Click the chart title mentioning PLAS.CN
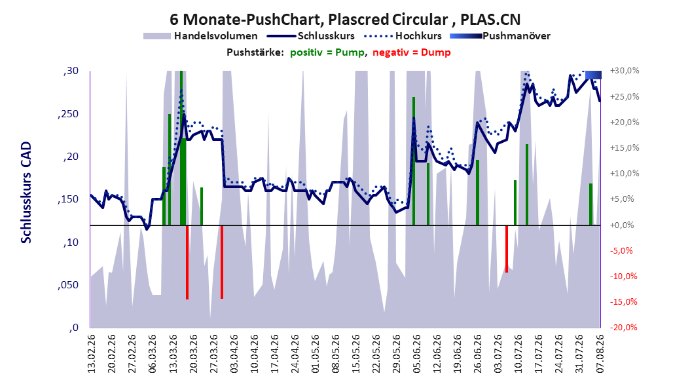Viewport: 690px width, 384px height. point(345,20)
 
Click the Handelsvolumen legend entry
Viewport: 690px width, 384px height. point(201,36)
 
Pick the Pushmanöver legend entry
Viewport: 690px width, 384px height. point(500,36)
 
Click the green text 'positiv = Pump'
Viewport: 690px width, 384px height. point(327,52)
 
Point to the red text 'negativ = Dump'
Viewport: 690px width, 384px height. point(412,52)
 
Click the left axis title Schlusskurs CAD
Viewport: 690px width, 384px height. point(26,192)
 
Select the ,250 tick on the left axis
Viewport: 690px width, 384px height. point(68,113)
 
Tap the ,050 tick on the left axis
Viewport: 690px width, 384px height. point(68,285)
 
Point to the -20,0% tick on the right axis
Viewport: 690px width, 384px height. point(623,327)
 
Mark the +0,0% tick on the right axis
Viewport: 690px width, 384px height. point(623,225)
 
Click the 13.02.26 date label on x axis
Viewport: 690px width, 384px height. point(92,354)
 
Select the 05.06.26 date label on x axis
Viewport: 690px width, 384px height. point(417,354)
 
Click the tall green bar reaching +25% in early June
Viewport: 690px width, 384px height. point(414,161)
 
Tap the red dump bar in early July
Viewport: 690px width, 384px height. point(507,249)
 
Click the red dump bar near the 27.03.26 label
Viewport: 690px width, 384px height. point(222,262)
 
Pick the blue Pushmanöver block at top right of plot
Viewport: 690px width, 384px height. point(593,75)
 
